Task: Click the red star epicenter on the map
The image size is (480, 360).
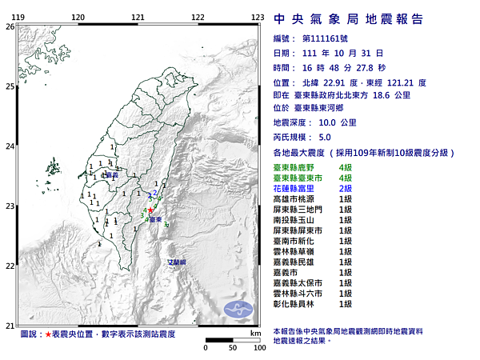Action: (150, 210)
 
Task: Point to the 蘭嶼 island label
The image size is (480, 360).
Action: (176, 262)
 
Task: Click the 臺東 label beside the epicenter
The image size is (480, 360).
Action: (156, 218)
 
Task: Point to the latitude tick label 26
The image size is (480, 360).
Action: (10, 26)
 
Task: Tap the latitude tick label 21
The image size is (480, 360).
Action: (10, 326)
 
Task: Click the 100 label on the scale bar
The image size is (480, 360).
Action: (259, 348)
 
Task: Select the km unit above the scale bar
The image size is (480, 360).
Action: (254, 332)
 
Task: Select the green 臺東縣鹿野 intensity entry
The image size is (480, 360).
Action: (301, 166)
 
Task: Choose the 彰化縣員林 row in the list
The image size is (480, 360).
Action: (301, 304)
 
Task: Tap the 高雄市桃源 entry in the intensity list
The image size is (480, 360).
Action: (301, 198)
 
